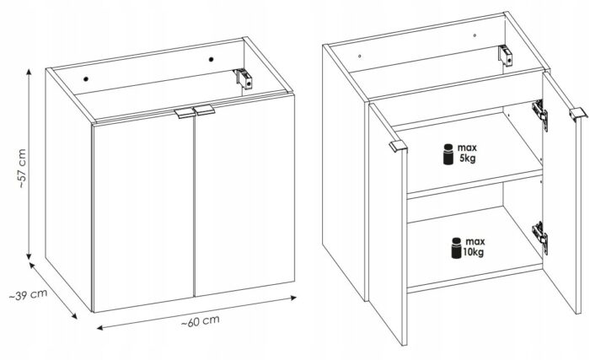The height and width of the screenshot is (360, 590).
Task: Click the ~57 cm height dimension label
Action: (22, 169)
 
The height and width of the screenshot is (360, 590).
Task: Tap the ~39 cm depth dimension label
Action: (28, 294)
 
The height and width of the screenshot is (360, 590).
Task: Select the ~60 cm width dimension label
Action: (201, 321)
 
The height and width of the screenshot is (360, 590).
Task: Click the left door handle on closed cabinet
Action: (184, 113)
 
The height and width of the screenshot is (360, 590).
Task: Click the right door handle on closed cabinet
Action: (204, 110)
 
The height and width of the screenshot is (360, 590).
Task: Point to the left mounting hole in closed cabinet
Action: (86, 79)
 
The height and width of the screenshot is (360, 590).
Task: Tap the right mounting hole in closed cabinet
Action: (211, 59)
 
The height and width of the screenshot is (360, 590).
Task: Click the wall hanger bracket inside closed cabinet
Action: (244, 78)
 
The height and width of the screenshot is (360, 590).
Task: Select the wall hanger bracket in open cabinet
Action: (506, 56)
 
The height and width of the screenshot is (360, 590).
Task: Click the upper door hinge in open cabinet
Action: (540, 114)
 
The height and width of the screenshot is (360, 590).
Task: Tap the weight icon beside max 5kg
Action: (448, 154)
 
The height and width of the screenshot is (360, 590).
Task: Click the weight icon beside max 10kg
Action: (457, 248)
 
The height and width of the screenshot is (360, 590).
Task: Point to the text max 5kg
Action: (467, 153)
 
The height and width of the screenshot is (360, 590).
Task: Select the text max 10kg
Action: (475, 247)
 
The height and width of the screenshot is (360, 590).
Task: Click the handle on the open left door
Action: (398, 146)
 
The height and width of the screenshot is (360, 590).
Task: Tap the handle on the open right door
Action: (578, 114)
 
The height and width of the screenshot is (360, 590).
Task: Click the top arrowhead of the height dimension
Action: (29, 73)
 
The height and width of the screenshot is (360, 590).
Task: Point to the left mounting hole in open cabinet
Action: (360, 56)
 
